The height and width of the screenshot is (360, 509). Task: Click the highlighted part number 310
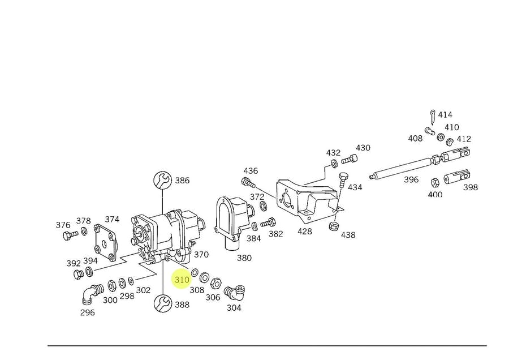[x=182, y=280]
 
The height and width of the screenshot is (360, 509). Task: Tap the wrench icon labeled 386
[x=162, y=181]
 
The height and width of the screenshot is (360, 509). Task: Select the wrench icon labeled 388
[x=162, y=304]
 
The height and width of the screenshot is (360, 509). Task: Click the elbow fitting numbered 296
[x=89, y=293]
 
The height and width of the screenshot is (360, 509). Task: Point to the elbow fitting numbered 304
[x=235, y=292]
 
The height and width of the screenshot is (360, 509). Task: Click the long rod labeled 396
[x=404, y=166]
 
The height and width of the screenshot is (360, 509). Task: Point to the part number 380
[x=244, y=258]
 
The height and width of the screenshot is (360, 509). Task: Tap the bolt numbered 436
[x=247, y=182]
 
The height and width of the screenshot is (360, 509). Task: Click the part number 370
[x=201, y=255]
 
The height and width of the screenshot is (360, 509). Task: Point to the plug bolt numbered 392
[x=78, y=275]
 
